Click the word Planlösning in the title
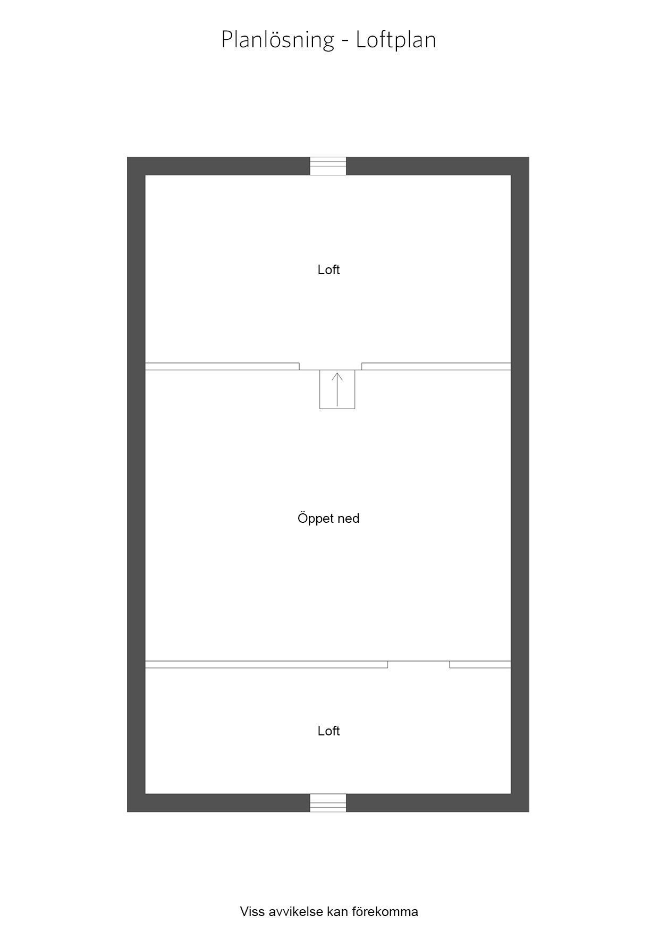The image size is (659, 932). [x=277, y=40]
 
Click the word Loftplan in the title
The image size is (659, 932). [x=396, y=40]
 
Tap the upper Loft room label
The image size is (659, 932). [x=328, y=270]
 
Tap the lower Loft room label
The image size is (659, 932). [x=328, y=731]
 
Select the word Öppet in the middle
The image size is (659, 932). [x=312, y=519]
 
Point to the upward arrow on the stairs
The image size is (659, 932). [x=337, y=389]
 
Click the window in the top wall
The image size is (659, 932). [x=328, y=166]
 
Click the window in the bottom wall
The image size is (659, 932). [x=328, y=802]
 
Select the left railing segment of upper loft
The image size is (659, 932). [x=222, y=366]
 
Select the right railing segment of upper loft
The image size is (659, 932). [x=436, y=366]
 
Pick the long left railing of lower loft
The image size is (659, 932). [x=266, y=664]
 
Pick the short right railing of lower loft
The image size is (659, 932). [x=480, y=664]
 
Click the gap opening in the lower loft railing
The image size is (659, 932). [x=419, y=664]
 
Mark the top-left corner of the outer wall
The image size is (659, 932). [x=127, y=157]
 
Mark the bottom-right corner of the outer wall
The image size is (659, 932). [x=529, y=811]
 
